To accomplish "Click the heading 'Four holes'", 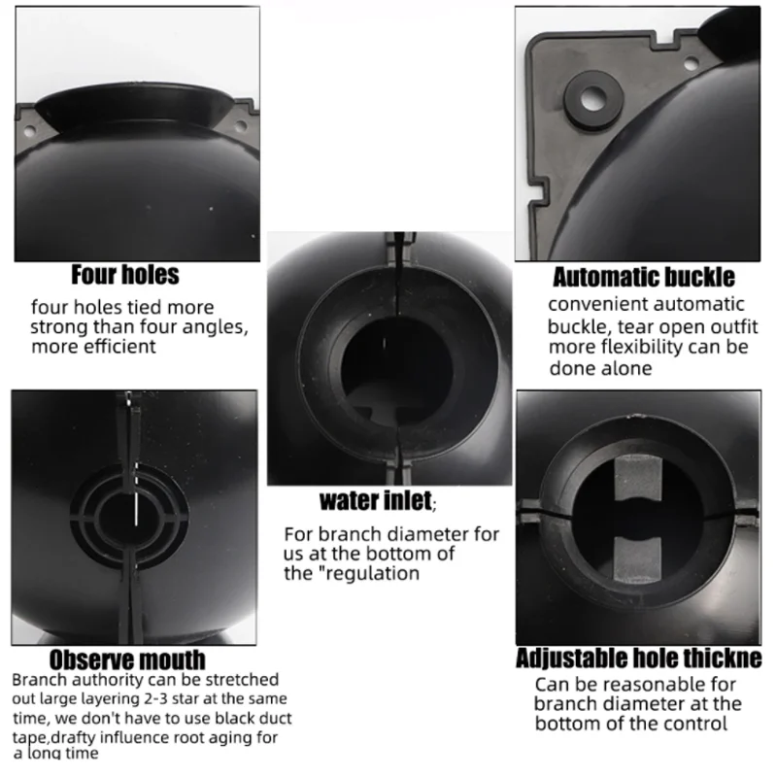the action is (125, 275).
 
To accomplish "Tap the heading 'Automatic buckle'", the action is (644, 277).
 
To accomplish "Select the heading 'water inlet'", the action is (376, 500).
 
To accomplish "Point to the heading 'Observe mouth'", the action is (127, 660).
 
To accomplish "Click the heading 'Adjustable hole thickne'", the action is (639, 659).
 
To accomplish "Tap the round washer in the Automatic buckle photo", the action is (593, 100).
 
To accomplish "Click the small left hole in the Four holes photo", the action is (29, 132).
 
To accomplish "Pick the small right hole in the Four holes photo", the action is (241, 125).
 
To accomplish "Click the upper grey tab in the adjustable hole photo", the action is (638, 479).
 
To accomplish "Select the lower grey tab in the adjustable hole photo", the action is (638, 559).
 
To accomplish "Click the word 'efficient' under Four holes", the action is (123, 347).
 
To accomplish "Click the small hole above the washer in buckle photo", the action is (692, 63).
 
